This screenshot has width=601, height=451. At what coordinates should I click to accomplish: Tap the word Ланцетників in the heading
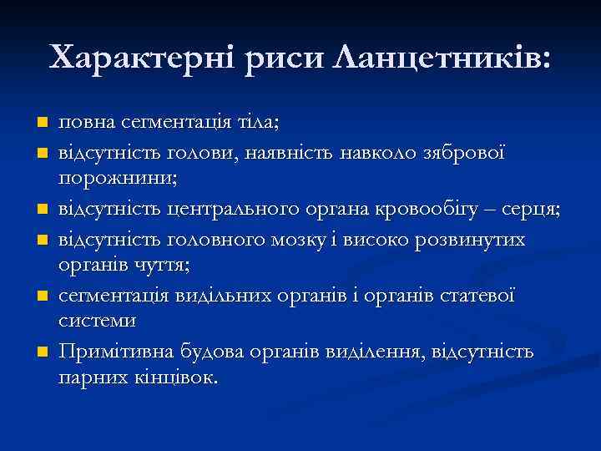[x=442, y=58]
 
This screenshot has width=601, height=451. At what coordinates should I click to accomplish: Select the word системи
[x=97, y=320]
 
